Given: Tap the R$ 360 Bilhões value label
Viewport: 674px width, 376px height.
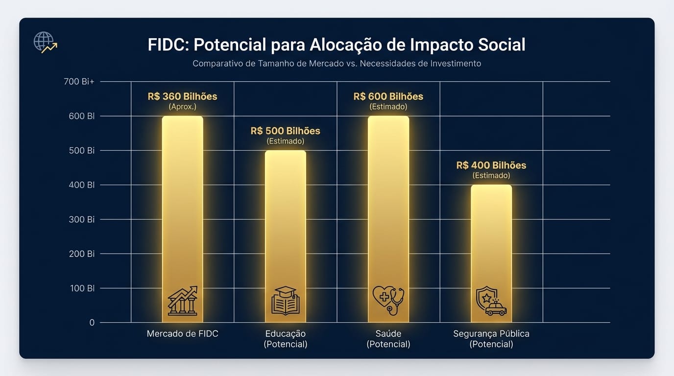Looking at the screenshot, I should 182,96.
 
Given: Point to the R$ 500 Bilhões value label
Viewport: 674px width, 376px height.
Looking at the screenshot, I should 285,131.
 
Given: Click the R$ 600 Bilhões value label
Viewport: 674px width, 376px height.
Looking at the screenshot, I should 388,96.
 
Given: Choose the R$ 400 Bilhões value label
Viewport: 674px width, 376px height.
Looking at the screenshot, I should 491,165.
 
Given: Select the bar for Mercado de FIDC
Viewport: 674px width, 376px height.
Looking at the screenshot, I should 182,206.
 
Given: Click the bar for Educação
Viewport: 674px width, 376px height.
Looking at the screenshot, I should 285,220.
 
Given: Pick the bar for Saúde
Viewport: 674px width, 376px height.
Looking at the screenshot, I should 388,206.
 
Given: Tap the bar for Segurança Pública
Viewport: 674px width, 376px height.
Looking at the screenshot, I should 491,240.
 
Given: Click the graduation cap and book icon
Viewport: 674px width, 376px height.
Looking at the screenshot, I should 285,301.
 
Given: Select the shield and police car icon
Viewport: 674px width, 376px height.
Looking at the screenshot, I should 491,301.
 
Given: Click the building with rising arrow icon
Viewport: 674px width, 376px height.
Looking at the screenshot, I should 182,301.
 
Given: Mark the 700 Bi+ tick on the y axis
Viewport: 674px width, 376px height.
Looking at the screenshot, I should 79,82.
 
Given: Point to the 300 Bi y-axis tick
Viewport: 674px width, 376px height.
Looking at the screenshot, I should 82,219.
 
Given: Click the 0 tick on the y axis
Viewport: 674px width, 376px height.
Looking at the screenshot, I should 92,323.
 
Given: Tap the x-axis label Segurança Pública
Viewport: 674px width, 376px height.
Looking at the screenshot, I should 491,334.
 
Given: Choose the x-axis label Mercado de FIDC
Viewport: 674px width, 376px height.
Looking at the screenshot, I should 182,334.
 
